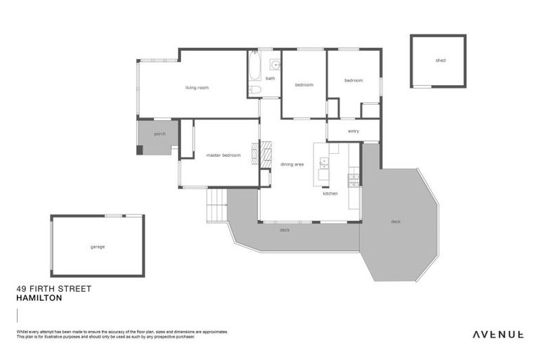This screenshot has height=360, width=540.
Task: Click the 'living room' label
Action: point(197,88)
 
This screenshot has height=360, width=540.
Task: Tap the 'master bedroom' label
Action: point(223,155)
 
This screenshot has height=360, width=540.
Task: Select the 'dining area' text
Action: point(292,165)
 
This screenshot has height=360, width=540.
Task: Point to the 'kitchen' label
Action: point(330,193)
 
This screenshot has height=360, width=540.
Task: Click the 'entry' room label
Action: point(353,131)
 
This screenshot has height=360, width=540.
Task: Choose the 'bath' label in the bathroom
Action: point(270,78)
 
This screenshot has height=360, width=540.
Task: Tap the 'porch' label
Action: point(160,134)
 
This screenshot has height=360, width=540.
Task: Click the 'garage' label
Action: point(97,247)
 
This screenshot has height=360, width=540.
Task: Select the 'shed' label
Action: point(440,60)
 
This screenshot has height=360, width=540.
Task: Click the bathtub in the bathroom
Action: point(255,69)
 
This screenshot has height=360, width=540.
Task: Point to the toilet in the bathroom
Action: point(255,90)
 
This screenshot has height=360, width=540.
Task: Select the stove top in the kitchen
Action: point(354,179)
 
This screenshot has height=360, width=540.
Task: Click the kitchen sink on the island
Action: point(323,165)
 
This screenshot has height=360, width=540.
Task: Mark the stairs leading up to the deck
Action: point(217,205)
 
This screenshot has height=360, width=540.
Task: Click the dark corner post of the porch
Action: point(139,150)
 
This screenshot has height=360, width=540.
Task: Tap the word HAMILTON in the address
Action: point(39,298)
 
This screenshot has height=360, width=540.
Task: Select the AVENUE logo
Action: point(497,334)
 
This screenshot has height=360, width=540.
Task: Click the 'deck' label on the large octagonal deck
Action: point(396,221)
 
